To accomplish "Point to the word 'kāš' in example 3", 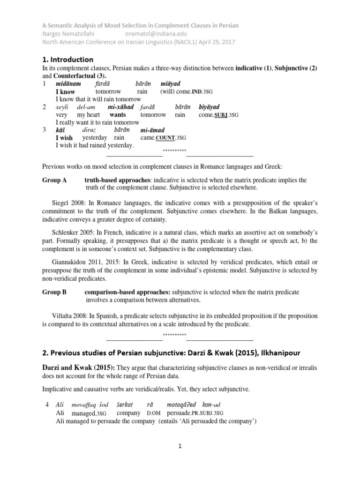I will (60, 129).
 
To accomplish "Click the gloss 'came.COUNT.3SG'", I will (163, 138).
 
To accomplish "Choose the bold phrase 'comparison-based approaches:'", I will (125, 292).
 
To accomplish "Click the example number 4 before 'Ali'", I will (45, 405).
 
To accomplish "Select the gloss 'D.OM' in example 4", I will (154, 413).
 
